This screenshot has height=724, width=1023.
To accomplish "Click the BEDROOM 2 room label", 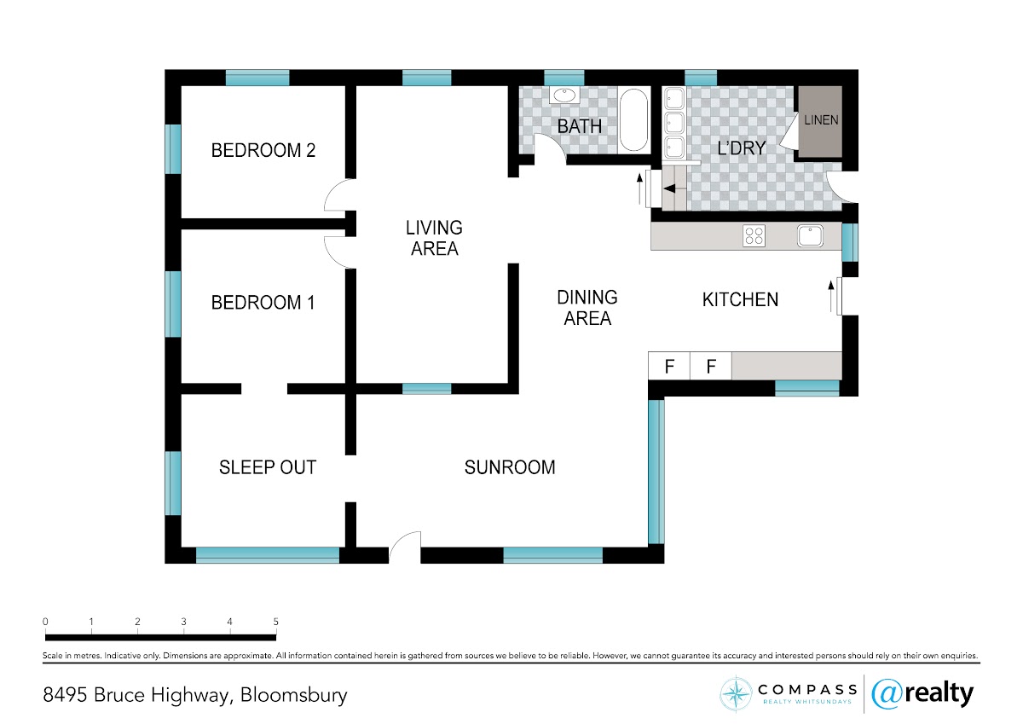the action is tap(263, 150).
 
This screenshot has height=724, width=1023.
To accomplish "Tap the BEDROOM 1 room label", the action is tap(263, 303).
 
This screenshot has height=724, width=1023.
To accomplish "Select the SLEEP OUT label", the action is tap(268, 467).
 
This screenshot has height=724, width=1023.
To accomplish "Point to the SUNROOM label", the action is tap(510, 467).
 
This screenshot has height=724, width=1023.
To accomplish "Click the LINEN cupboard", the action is tap(820, 122).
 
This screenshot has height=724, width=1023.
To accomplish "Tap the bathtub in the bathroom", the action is tap(634, 119).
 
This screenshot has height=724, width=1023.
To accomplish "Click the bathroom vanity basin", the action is tap(565, 96).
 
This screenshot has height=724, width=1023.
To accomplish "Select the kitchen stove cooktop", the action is tap(754, 235).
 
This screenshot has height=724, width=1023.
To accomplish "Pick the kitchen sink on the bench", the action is tap(811, 235).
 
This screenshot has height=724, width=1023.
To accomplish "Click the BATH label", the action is tap(579, 126).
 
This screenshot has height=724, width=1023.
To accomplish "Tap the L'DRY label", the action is tap(741, 148).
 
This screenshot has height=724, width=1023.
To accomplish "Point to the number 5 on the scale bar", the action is tap(276, 622).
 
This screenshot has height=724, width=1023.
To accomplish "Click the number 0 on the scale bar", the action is tap(45, 622).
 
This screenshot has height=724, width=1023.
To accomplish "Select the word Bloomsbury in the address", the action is tap(293, 696).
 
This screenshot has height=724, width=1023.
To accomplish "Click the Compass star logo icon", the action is tap(736, 694).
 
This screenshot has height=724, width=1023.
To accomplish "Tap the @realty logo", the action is tap(922, 694).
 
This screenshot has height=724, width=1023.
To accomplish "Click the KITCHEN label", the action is tap(740, 299).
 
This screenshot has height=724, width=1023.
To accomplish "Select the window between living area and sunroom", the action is tap(426, 389).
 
